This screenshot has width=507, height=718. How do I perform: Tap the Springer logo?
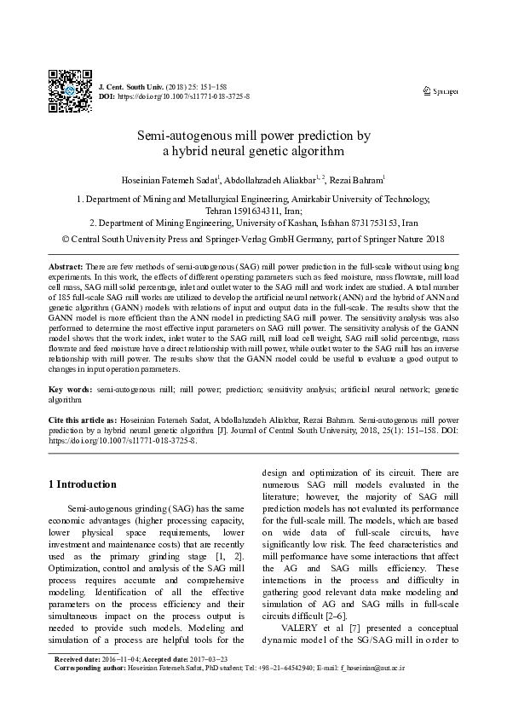point(441,90)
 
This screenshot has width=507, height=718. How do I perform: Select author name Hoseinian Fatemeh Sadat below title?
point(170,179)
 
